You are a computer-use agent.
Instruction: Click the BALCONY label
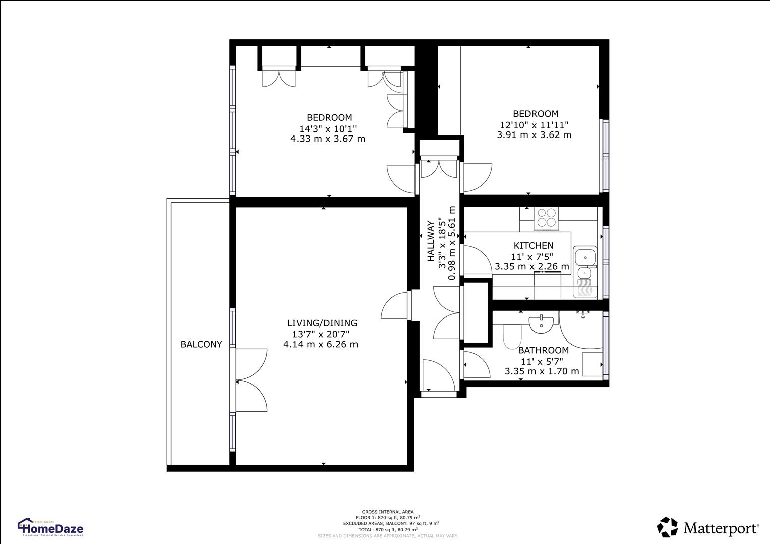click(201, 345)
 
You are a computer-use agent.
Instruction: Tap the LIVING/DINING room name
click(322, 323)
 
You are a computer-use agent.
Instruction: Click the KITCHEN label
click(533, 246)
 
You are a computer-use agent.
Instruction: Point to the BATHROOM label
click(543, 350)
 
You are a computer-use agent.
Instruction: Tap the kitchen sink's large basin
click(585, 257)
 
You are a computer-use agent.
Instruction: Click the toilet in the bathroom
click(511, 336)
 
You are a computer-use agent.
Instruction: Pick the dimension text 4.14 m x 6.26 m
click(321, 345)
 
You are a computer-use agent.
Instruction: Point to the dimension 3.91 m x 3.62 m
click(534, 135)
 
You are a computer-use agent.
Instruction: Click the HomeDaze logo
click(50, 528)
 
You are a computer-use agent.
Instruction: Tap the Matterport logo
click(707, 528)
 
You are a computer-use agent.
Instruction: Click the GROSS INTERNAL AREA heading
click(387, 512)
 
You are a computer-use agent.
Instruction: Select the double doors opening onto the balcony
click(251, 380)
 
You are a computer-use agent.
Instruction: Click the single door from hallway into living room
click(396, 306)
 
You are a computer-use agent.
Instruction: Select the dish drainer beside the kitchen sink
click(585, 289)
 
